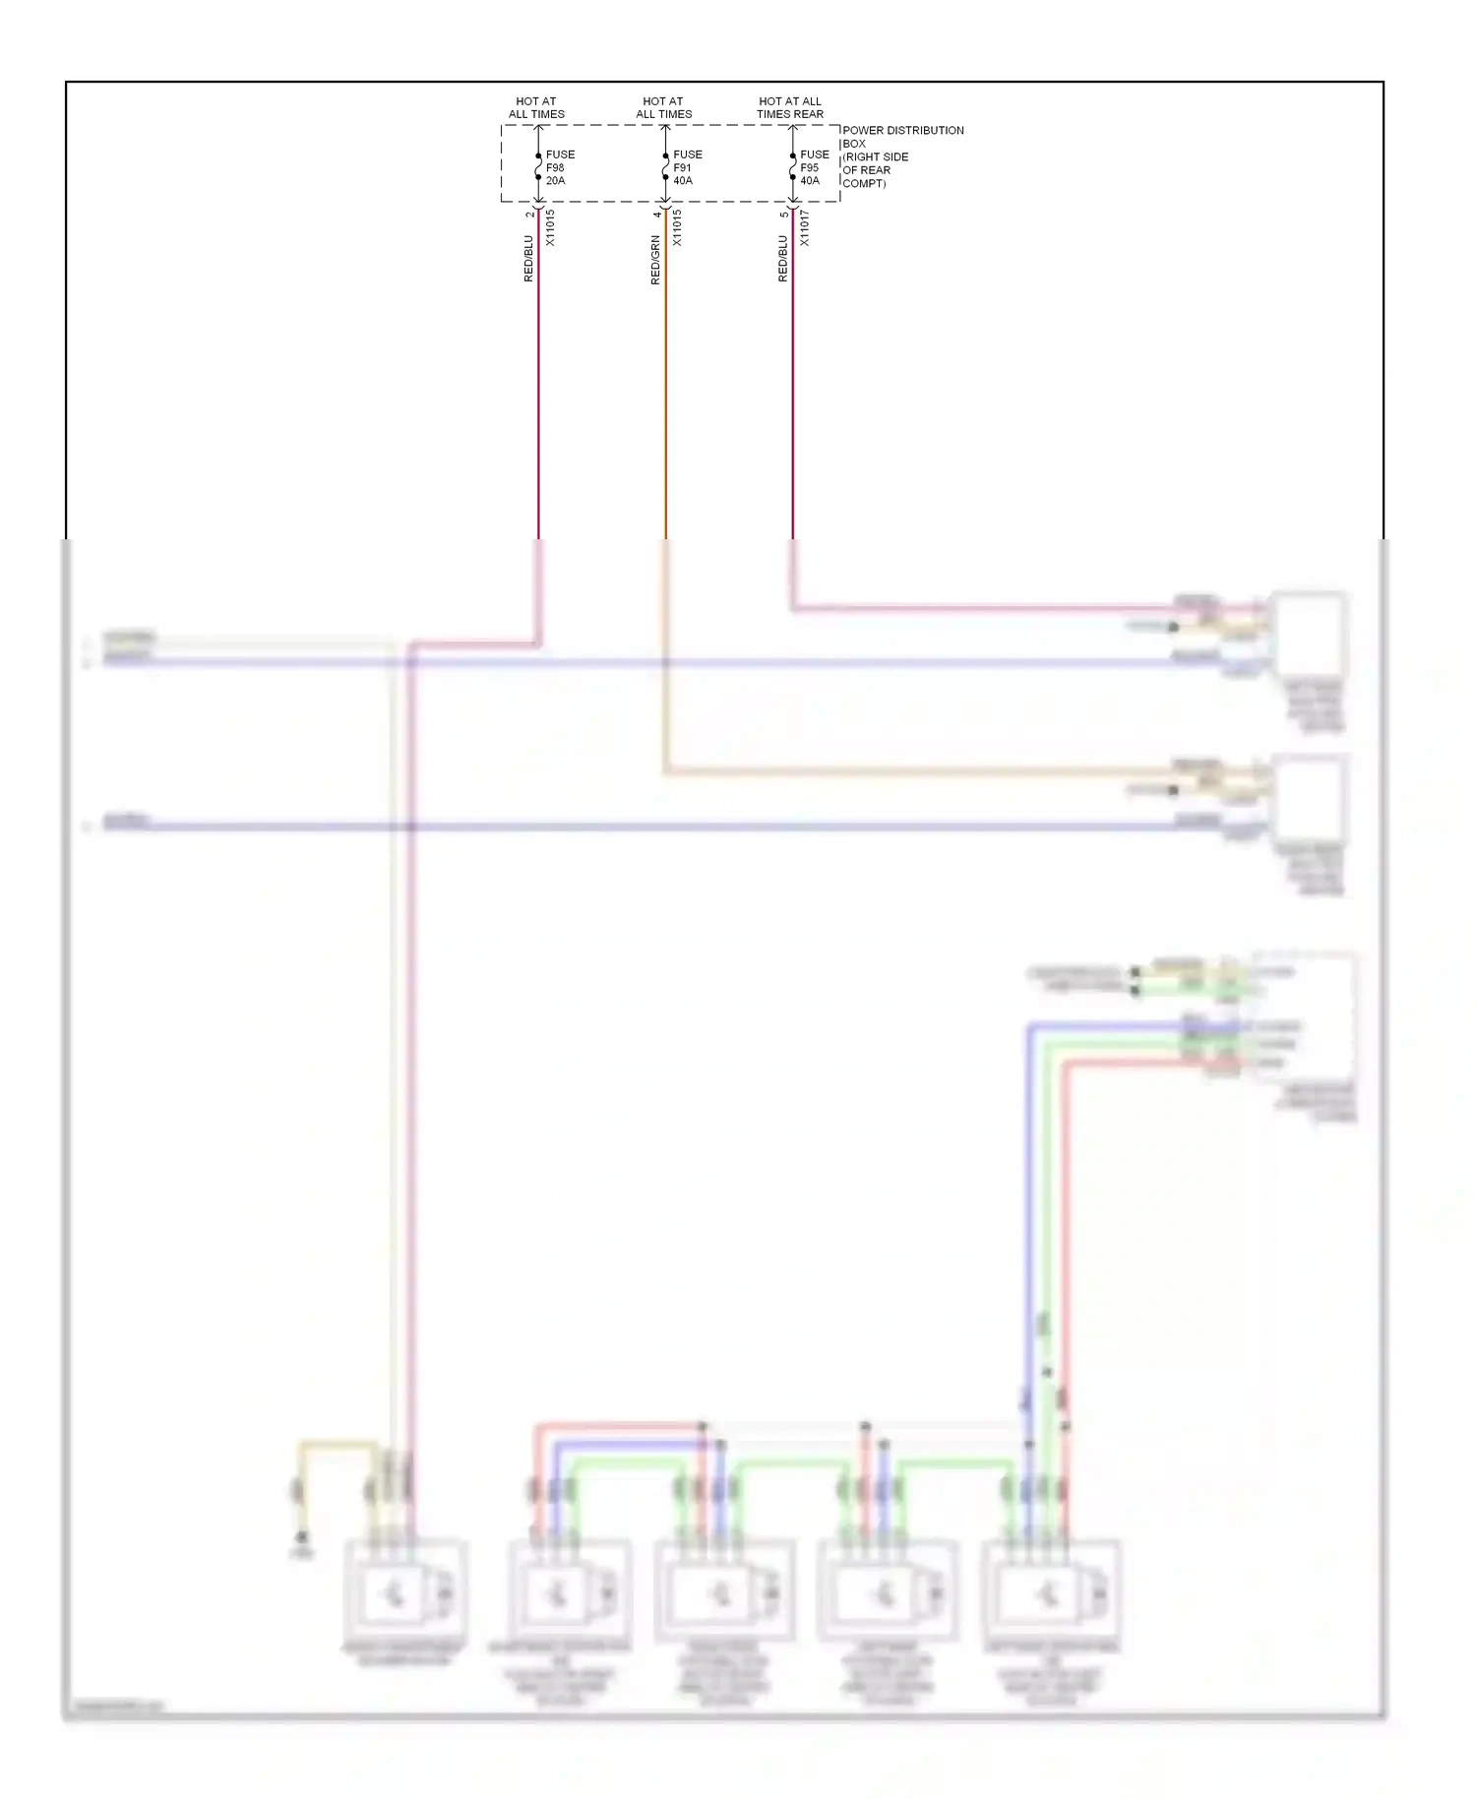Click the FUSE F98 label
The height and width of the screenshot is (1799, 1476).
(560, 161)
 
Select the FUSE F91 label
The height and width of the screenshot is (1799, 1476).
(687, 161)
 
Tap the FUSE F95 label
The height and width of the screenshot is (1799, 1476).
(814, 161)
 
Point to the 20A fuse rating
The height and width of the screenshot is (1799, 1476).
(556, 181)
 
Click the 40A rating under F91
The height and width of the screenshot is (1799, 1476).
(683, 181)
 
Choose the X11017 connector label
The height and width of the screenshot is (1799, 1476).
(804, 227)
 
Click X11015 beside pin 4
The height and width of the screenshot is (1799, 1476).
(677, 227)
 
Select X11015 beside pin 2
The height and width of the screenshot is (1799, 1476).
(550, 227)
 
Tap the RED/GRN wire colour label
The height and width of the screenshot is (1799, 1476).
(655, 261)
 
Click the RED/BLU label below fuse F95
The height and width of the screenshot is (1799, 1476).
(783, 259)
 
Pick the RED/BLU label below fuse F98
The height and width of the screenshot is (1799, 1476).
(528, 259)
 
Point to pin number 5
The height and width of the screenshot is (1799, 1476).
(784, 215)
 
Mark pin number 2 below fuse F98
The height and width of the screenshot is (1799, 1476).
(529, 215)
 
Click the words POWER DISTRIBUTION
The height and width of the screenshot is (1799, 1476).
(902, 130)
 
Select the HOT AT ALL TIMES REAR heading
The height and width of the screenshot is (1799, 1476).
(790, 107)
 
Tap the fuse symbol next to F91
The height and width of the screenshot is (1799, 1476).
(665, 167)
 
